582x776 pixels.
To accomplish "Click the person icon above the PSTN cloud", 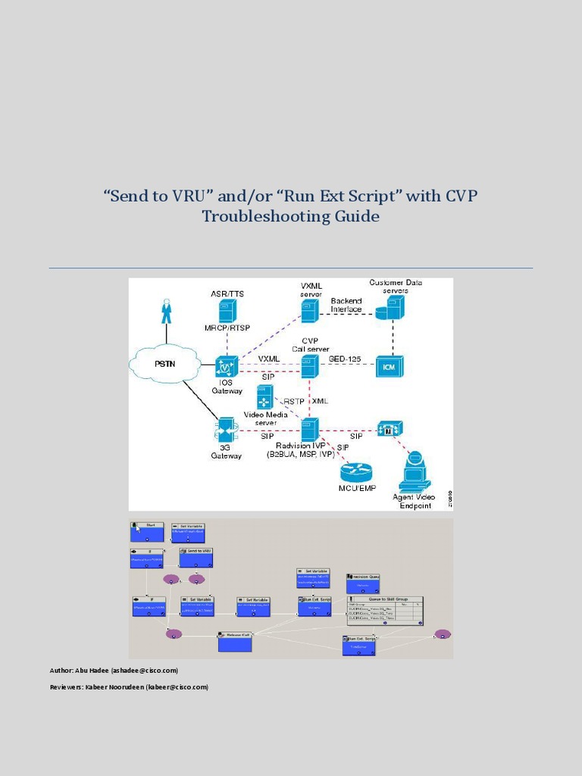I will tap(166, 311).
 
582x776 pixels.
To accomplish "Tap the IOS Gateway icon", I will tap(227, 366).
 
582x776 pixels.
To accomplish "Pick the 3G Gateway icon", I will tap(227, 429).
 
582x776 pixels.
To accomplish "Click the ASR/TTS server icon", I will tap(227, 310).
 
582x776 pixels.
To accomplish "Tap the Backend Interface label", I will tap(346, 305).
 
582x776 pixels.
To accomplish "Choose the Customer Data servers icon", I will tap(395, 307).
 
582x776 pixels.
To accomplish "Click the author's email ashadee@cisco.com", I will tap(145, 671).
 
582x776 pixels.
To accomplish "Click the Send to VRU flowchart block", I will tap(196, 558).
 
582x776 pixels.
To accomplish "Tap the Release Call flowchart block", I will tap(234, 642).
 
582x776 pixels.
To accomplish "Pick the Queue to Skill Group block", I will tap(384, 609).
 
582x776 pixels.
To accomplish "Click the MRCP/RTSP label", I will tap(227, 328).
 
